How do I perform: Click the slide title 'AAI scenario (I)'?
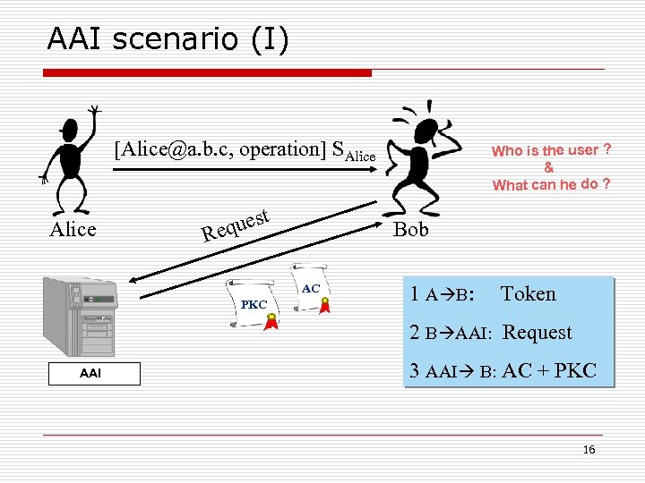coord(168,39)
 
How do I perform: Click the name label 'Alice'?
coord(72,230)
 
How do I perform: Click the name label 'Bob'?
coord(411,230)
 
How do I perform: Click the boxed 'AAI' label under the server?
coord(90,374)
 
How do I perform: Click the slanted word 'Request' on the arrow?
coord(236,225)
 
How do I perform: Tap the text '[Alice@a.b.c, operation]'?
coord(220,149)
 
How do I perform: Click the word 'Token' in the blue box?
coord(528,294)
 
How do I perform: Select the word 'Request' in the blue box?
coord(537,333)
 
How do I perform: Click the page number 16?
coord(589,450)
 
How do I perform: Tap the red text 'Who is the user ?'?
coord(551,150)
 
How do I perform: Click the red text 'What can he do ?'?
coord(551,185)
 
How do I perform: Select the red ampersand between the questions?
coord(548,167)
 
